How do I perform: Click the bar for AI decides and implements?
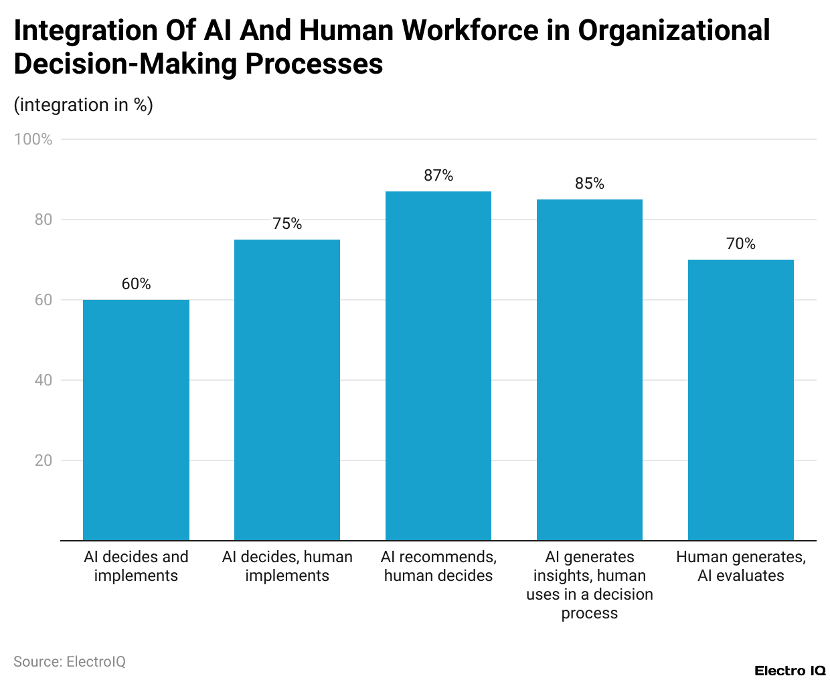136,420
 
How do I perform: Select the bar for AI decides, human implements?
287,390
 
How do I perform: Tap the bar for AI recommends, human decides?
438,365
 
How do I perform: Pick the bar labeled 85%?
590,369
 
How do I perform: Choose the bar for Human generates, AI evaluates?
741,400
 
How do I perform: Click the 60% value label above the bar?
136,284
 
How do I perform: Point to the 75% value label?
287,224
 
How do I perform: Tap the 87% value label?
438,175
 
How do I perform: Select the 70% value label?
741,244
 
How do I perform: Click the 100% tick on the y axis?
33,139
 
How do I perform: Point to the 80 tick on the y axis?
44,220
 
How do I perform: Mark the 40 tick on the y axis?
44,380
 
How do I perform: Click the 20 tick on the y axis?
44,460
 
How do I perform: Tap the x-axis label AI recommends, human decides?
438,566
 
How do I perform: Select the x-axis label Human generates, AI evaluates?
741,566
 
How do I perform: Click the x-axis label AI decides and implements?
136,566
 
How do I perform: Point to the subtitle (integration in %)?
84,105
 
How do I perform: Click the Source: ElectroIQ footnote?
70,661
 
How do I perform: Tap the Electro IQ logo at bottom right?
790,671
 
